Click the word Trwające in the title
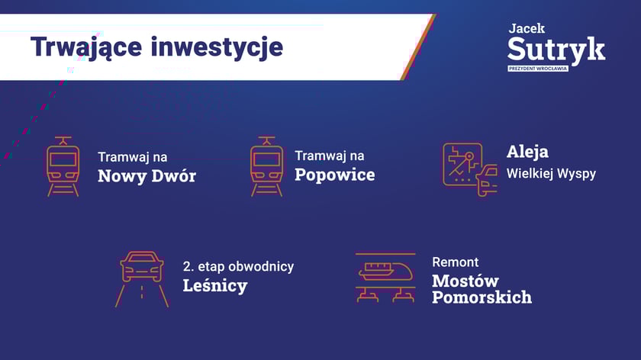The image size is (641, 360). [x=86, y=47]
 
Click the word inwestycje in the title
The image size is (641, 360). [x=217, y=47]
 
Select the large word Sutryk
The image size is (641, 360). [x=556, y=50]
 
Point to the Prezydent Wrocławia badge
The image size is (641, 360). [x=537, y=68]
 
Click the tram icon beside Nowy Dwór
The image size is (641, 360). [x=63, y=167]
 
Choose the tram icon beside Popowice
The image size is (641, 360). [x=266, y=167]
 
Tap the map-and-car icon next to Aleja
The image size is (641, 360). [x=470, y=169]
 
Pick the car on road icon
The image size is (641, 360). [x=142, y=279]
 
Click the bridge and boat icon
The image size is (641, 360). [x=385, y=278]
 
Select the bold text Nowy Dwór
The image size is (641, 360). [x=147, y=175]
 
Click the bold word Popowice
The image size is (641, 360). [x=335, y=175]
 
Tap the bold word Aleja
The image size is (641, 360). [x=527, y=152]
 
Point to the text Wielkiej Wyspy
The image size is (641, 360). [x=551, y=174]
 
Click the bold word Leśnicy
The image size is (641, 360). [x=215, y=285]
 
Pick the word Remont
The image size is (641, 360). [x=455, y=262]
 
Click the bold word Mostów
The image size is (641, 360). [x=465, y=281]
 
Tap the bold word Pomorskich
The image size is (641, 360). [x=482, y=297]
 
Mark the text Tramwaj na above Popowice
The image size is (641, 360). [x=330, y=156]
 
